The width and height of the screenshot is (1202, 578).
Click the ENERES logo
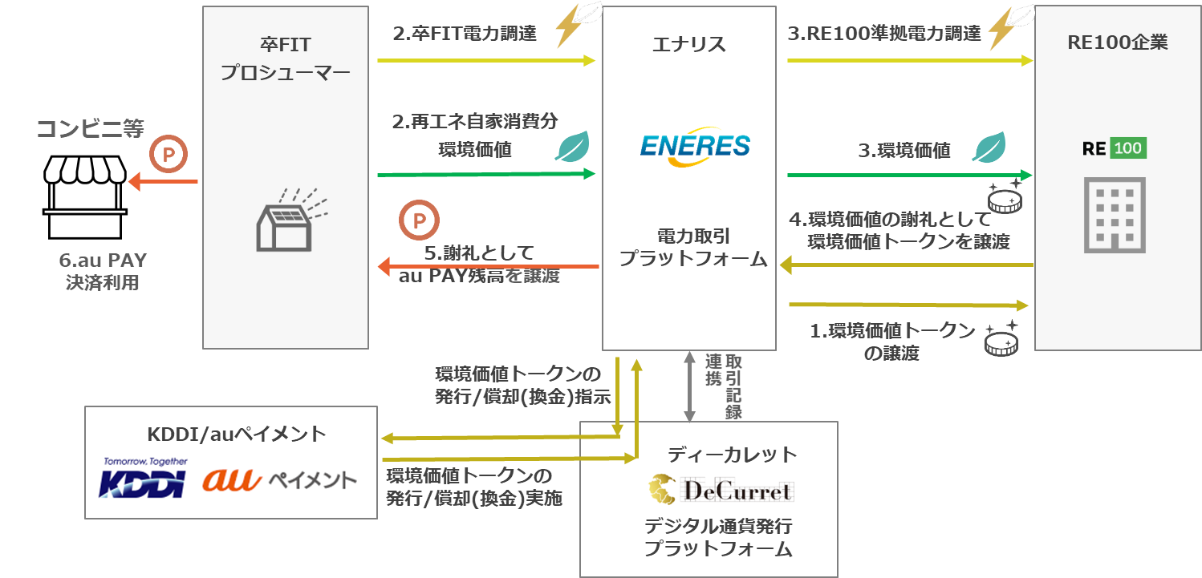[695, 147]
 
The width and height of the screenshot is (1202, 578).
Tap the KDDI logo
[143, 479]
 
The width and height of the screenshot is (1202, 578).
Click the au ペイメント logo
[281, 479]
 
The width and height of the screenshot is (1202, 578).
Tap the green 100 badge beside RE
[1127, 148]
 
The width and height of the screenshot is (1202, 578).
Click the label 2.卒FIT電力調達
[464, 34]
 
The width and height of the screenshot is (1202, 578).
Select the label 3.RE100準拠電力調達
[883, 33]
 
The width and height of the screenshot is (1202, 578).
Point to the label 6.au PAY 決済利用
[103, 271]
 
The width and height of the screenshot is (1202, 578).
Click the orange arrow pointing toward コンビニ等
[163, 182]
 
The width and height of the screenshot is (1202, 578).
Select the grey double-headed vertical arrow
[688, 386]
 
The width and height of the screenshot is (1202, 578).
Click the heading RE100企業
[1117, 42]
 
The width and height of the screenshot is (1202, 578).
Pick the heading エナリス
[688, 44]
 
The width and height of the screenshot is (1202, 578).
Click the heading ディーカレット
[732, 455]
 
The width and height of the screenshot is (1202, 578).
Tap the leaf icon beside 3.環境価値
[989, 148]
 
